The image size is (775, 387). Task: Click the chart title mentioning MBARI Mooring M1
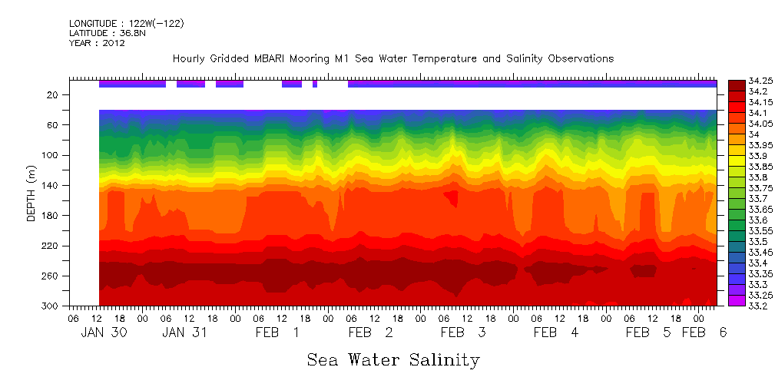(392, 58)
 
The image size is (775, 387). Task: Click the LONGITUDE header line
(127, 24)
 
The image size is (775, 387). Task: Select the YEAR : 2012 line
(97, 43)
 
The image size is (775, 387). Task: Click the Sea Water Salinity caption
(393, 359)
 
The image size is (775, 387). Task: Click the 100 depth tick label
(51, 155)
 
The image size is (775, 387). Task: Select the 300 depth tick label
(51, 306)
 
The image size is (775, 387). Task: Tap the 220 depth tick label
(51, 246)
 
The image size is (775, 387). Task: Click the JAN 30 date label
(103, 332)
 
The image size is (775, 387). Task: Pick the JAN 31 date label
(185, 332)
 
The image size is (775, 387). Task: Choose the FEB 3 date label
(462, 332)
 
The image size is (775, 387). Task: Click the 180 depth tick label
(51, 216)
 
